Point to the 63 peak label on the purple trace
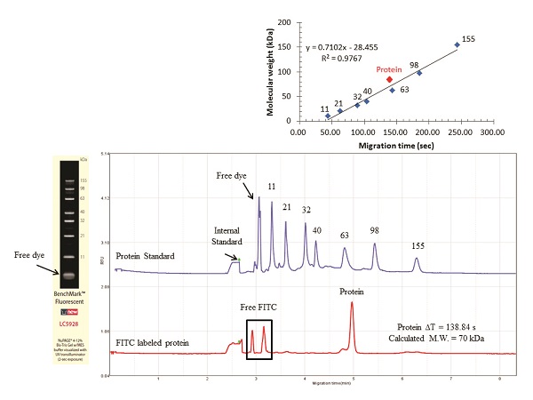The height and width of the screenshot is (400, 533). pyautogui.click(x=345, y=235)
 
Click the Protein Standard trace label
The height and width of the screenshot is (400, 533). pyautogui.click(x=145, y=256)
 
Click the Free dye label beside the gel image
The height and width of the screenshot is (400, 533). pyautogui.click(x=28, y=255)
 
